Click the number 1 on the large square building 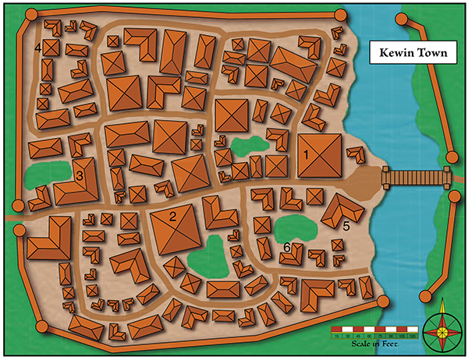(307, 154)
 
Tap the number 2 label (174, 216)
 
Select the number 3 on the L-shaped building (80, 176)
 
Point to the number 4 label (37, 48)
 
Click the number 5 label (346, 226)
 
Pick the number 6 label (287, 247)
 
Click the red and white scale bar (374, 337)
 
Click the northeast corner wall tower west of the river (339, 15)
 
